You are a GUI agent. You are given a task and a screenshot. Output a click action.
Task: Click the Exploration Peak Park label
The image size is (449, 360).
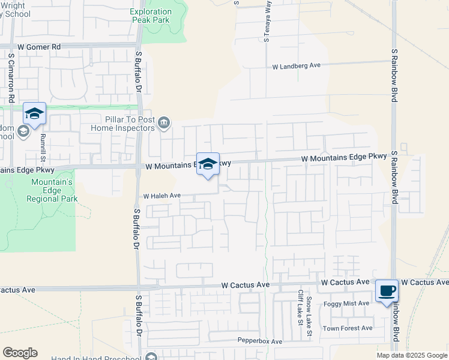(x=151, y=16)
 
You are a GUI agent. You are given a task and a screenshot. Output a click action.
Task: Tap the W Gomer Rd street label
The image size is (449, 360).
(x=40, y=46)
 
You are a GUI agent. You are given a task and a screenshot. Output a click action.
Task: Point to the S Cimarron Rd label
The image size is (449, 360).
(x=11, y=77)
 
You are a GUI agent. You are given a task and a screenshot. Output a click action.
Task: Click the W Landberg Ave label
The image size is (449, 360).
(x=297, y=66)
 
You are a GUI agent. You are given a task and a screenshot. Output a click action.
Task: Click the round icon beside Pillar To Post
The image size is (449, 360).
(x=164, y=124)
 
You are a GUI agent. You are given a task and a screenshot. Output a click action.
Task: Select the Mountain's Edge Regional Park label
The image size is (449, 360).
(x=53, y=190)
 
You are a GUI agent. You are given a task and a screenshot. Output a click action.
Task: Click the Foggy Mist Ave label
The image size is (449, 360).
(x=346, y=304)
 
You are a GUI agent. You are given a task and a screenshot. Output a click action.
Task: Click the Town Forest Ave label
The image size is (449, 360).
(x=348, y=328)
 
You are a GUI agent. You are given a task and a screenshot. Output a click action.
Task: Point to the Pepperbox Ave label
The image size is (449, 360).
(x=259, y=341)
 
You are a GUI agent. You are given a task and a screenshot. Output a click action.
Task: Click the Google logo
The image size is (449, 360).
(x=20, y=353)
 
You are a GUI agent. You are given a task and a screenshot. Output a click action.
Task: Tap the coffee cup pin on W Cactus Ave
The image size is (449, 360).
(x=387, y=291)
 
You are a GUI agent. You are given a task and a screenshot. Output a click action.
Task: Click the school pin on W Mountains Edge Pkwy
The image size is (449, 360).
(x=208, y=164)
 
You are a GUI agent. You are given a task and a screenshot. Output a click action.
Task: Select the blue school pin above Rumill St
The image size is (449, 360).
(x=35, y=113)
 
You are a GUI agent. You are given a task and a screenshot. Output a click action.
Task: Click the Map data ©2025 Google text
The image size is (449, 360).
(x=412, y=355)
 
